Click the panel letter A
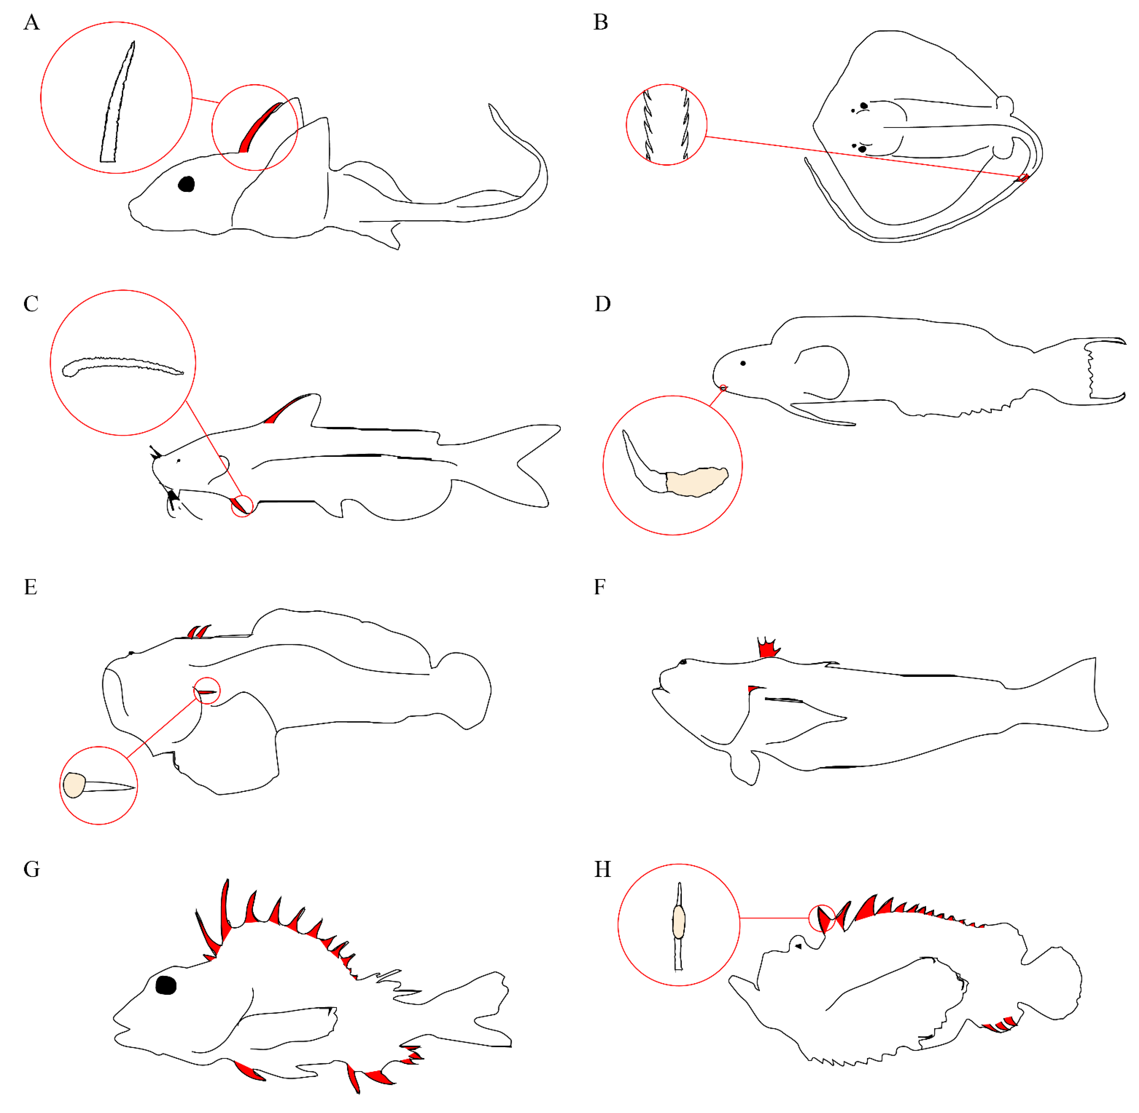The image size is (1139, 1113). [32, 22]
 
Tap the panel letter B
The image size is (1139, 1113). [600, 22]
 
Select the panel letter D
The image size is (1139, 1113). [602, 304]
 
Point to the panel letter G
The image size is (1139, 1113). [32, 869]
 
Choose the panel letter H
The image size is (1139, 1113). [602, 869]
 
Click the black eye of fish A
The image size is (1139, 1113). [186, 184]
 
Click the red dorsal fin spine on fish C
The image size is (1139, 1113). [284, 409]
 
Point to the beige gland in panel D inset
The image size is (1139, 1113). [697, 481]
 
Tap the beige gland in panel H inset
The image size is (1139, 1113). [678, 922]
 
